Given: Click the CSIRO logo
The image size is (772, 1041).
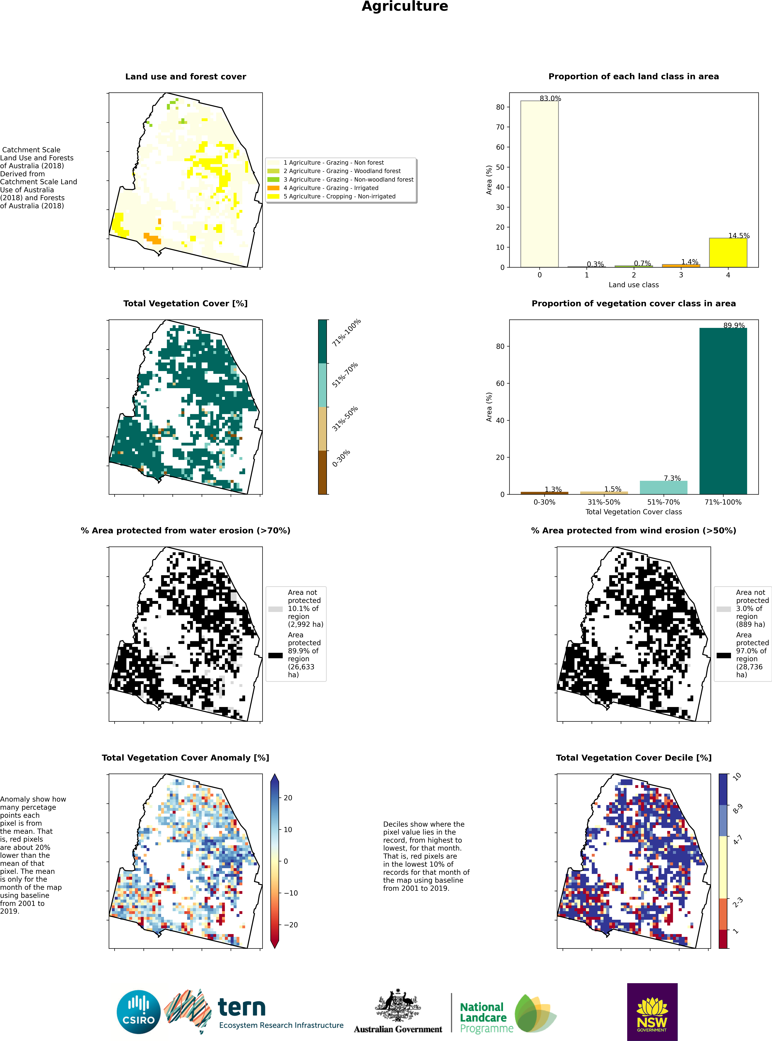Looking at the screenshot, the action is pos(139,1012).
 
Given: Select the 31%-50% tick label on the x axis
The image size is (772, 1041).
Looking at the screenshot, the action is pos(604,502).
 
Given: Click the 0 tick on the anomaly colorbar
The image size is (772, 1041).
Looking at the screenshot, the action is pos(286,861).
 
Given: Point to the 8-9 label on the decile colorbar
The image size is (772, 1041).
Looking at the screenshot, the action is pos(737,809).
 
